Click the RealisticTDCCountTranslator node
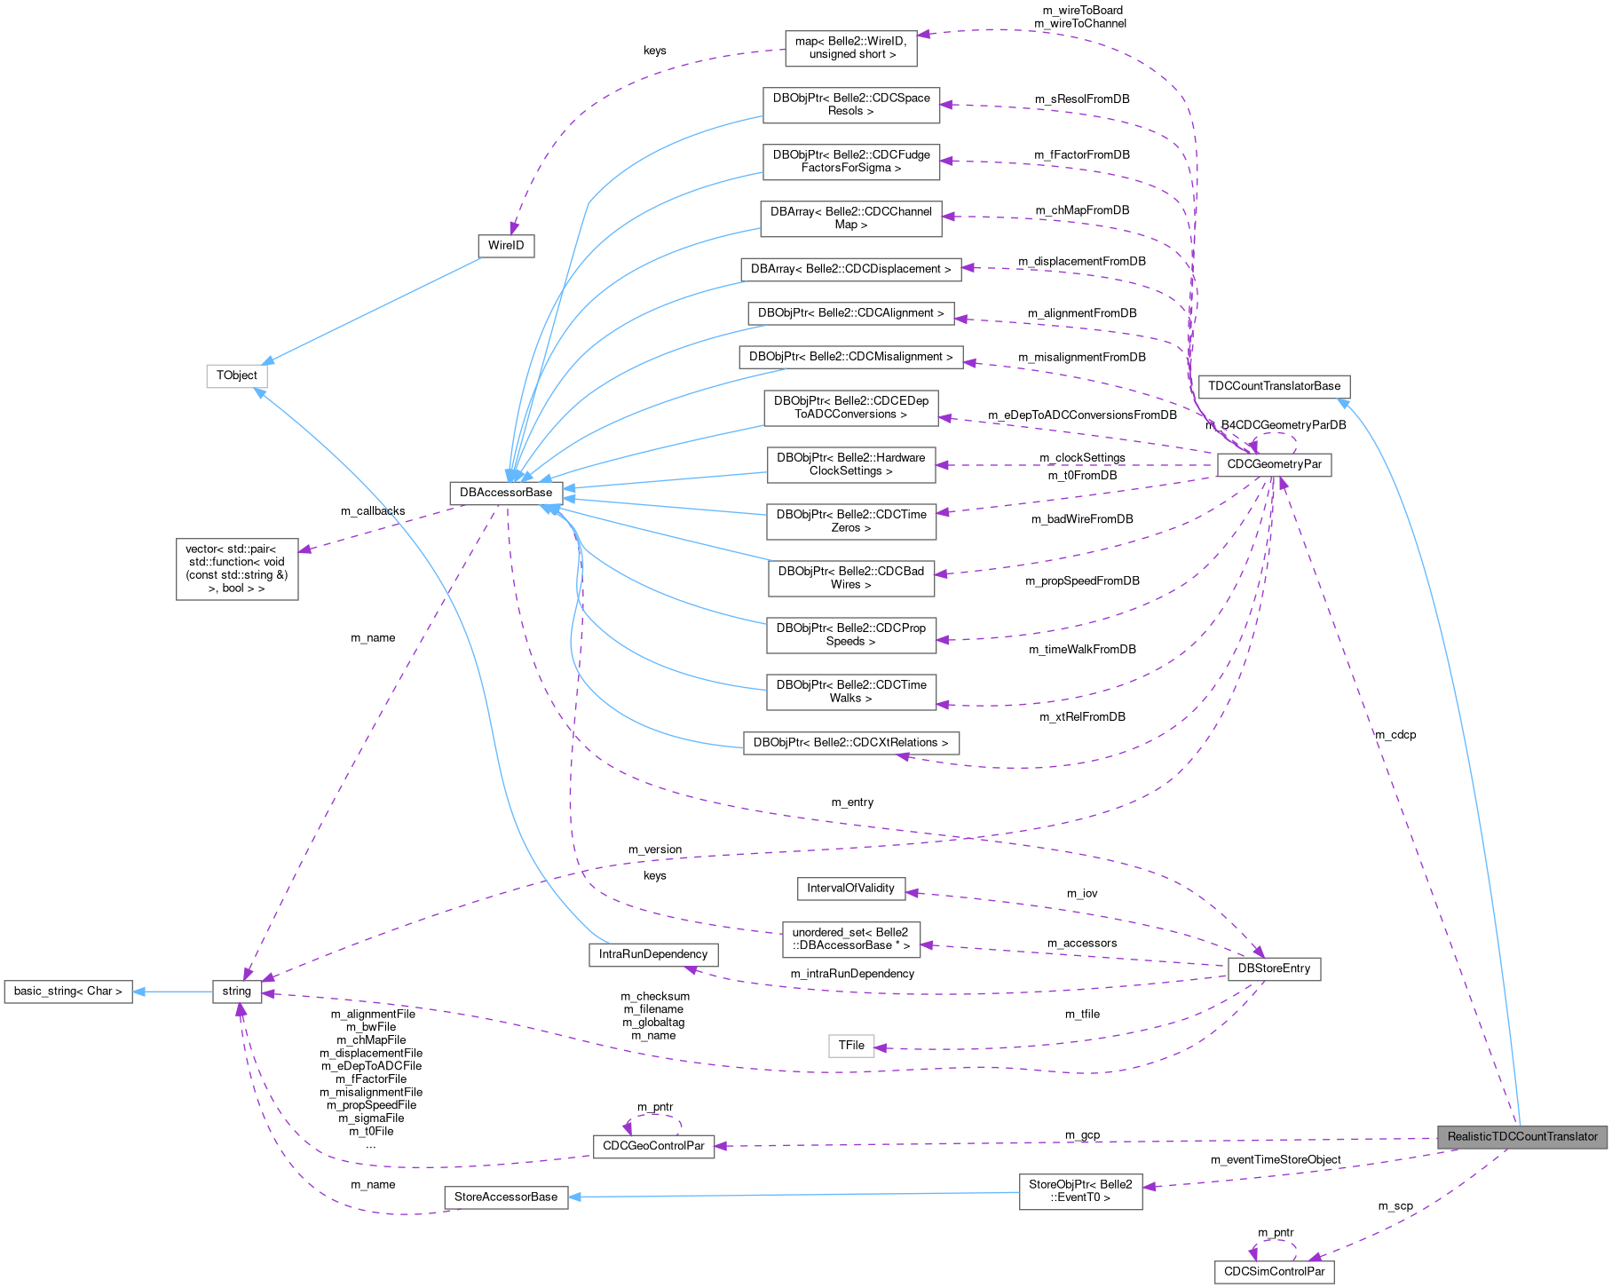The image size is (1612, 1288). [1521, 1136]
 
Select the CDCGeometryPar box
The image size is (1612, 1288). [1274, 464]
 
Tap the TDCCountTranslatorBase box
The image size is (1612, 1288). [1274, 386]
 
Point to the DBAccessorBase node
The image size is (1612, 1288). [505, 493]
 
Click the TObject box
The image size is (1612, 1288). [236, 375]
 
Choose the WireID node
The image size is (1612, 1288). [506, 245]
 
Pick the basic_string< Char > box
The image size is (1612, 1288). [67, 991]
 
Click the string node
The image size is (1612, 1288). [236, 991]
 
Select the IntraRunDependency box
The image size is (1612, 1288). [652, 954]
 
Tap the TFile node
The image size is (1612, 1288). [850, 1045]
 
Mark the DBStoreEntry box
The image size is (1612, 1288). [1274, 968]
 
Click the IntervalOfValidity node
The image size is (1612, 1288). [850, 888]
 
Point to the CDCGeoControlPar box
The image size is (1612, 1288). [653, 1146]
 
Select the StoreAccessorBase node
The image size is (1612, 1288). [505, 1197]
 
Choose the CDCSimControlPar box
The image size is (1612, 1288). [1274, 1271]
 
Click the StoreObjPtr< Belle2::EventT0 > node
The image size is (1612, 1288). [1080, 1190]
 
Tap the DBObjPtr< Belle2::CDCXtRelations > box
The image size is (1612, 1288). [850, 742]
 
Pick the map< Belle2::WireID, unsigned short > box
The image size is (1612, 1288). [850, 48]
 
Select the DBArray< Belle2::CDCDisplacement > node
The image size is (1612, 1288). [850, 269]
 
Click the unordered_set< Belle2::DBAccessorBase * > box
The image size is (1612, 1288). [850, 938]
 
